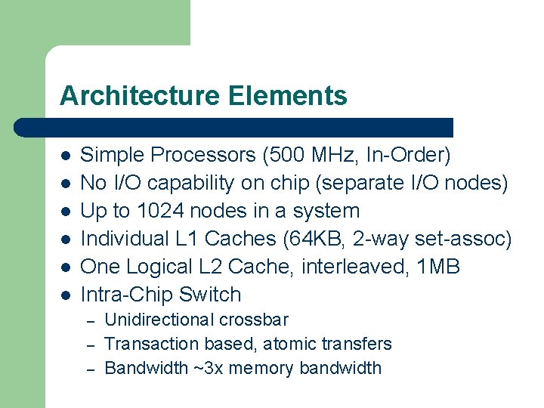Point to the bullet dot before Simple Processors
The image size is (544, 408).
coord(66,156)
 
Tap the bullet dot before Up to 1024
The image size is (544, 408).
coord(66,211)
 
